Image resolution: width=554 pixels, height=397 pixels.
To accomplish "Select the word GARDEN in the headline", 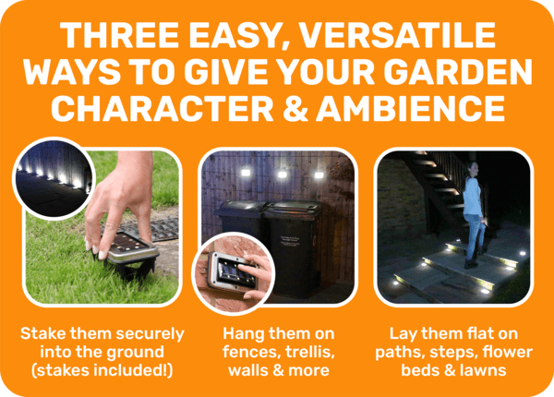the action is click(458, 72).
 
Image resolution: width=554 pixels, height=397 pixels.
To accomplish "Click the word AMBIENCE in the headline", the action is click(411, 108).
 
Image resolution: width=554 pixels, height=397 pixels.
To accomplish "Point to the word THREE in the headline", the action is click(119, 35).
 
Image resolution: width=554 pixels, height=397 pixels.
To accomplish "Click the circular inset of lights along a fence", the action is click(54, 178).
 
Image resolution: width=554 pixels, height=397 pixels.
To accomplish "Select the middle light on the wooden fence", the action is click(282, 174).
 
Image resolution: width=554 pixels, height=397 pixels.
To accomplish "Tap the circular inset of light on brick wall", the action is click(234, 273).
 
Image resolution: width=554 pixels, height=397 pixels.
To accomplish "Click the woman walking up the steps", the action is click(473, 214).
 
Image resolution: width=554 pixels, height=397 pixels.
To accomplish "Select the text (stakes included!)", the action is click(102, 370).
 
